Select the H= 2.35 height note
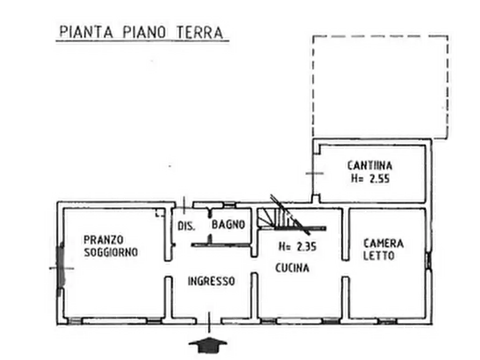coord(297,248)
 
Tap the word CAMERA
coord(383,243)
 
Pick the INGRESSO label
coord(211,280)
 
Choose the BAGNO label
coord(228,224)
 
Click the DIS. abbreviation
coord(186,225)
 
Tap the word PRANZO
coord(104,239)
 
